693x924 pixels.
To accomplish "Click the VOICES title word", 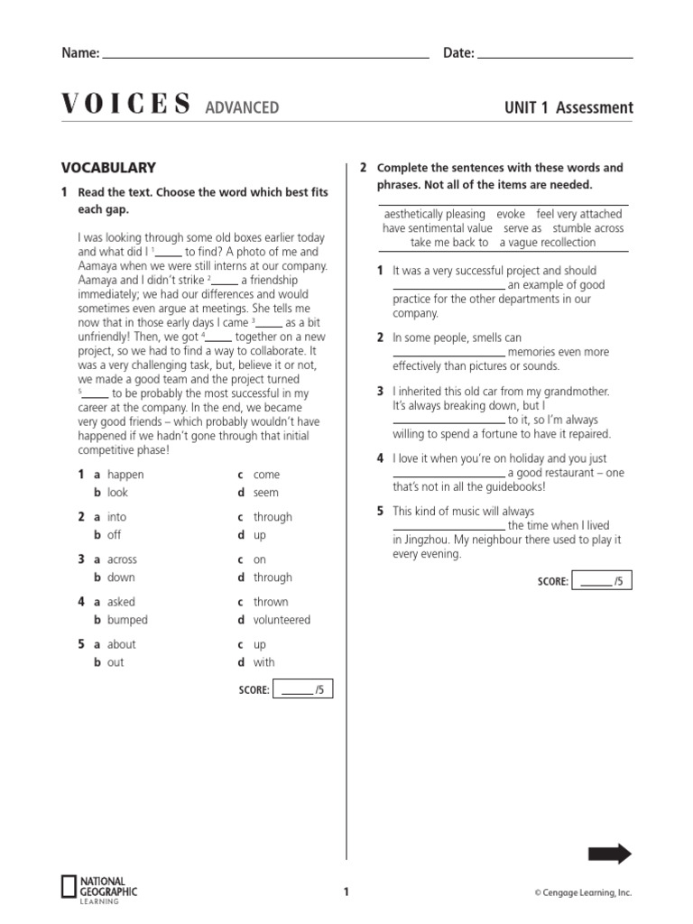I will [x=126, y=106].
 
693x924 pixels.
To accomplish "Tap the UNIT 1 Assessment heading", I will [x=568, y=108].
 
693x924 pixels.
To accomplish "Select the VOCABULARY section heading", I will [x=108, y=168].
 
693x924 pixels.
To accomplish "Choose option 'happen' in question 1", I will [x=125, y=475].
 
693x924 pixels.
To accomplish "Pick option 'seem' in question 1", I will [x=266, y=493].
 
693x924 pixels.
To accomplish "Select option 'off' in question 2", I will [x=114, y=535].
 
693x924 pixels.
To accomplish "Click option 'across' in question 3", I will [x=122, y=559].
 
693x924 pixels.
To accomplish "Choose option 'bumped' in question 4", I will [x=127, y=620].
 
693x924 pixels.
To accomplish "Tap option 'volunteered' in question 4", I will [x=282, y=620].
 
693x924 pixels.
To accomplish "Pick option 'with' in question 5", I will [x=264, y=662].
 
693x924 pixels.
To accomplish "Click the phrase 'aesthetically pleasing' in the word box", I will [x=434, y=215].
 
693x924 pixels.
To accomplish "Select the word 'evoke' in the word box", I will [x=511, y=215].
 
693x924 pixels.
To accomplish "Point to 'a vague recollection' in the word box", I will [x=548, y=242].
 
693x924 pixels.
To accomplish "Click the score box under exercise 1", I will [x=302, y=690].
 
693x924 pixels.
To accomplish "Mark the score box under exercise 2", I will [x=602, y=581].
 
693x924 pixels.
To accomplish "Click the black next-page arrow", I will [x=609, y=855].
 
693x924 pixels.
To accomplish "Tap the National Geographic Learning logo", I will [x=99, y=889].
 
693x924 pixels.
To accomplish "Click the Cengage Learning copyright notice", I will [x=582, y=893].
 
